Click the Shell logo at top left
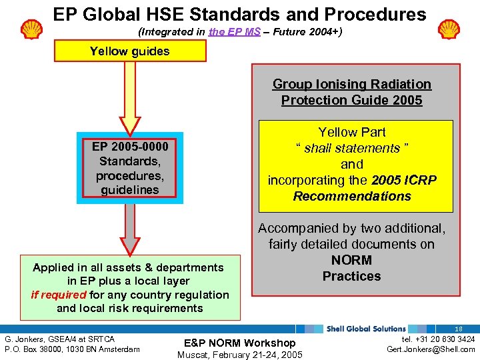coord(31,29)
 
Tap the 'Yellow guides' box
coord(129,51)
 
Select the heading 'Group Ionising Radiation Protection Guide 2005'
coord(351,92)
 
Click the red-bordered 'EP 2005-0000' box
coord(130,168)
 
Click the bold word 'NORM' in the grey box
coord(351,260)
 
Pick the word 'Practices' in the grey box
coord(351,276)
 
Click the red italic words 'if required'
coord(59,295)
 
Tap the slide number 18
coord(459,329)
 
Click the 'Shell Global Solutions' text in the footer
coord(366,329)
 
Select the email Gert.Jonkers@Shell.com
coord(431,349)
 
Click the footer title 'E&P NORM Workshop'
coord(239,343)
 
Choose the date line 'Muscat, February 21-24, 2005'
coord(239,354)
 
